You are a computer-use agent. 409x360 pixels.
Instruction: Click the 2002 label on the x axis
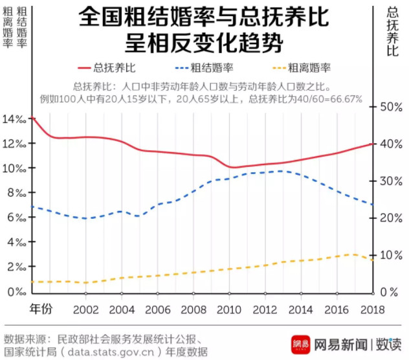coord(85,309)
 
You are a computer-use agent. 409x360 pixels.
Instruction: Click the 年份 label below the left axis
coord(42,309)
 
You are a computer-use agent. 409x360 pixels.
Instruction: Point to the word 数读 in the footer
coord(389,343)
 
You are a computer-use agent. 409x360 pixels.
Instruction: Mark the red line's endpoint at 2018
coord(372,144)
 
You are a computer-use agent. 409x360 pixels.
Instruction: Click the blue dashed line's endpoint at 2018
coord(372,205)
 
